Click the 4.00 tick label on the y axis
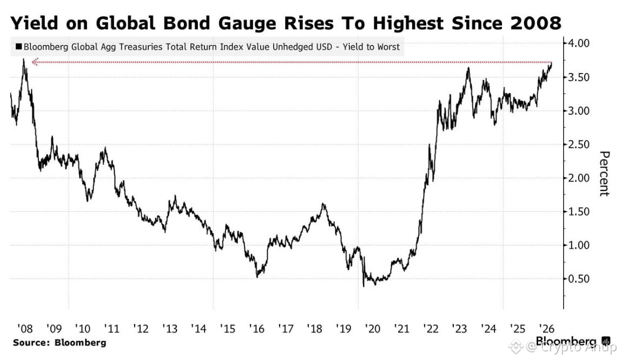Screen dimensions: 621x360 coord(579,43)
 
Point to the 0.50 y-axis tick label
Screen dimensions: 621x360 coord(579,279)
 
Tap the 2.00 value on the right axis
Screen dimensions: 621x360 coord(579,178)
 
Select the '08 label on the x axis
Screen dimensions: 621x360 coord(24,329)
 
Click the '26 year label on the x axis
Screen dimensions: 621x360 coord(546,329)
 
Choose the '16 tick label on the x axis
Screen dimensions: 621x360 coord(256,329)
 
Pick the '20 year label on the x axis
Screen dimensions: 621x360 coord(372,329)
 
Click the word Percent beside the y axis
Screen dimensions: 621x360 coord(604,174)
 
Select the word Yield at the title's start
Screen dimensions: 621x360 coord(35,23)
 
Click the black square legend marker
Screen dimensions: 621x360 coord(18,46)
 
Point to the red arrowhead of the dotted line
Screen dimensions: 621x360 coord(35,62)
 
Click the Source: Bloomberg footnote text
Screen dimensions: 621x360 coord(60,343)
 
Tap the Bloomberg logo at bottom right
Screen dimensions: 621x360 coord(573,341)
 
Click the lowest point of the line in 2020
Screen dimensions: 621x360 coord(364,286)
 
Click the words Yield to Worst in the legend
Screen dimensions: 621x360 coord(371,47)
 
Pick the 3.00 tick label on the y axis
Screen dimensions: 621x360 coord(579,111)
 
